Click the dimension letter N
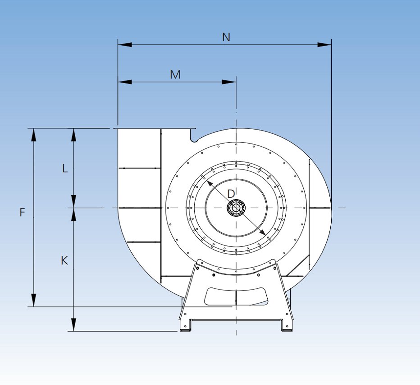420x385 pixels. pyautogui.click(x=226, y=37)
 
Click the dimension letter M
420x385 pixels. pyautogui.click(x=175, y=74)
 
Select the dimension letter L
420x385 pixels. pyautogui.click(x=65, y=169)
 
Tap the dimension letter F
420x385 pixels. pyautogui.click(x=22, y=212)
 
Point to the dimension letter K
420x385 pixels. pyautogui.click(x=64, y=260)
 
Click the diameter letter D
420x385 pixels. pyautogui.click(x=231, y=194)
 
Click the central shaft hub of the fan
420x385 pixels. pyautogui.click(x=236, y=208)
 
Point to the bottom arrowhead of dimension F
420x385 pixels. pyautogui.click(x=33, y=300)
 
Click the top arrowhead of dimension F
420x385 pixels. pyautogui.click(x=33, y=135)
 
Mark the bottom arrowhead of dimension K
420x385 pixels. pyautogui.click(x=73, y=325)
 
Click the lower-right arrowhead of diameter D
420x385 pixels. pyautogui.click(x=262, y=232)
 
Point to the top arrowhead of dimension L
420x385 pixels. pyautogui.click(x=73, y=135)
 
